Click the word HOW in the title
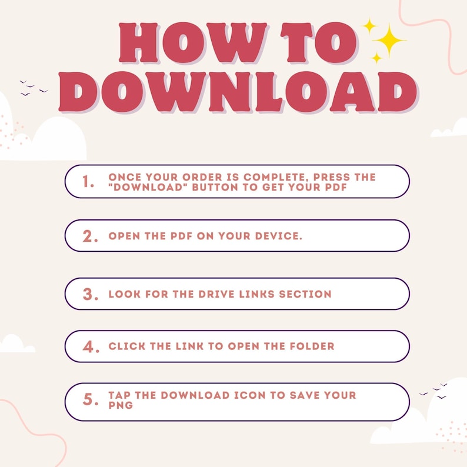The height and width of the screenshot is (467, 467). [x=193, y=42]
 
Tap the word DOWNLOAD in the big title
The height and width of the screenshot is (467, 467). [x=238, y=92]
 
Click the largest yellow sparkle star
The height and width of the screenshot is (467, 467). [x=389, y=40]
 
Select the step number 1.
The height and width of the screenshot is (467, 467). [x=88, y=181]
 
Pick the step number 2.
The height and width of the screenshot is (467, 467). [x=90, y=236]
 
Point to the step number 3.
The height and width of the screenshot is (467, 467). [x=90, y=294]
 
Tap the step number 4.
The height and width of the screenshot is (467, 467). [x=91, y=346]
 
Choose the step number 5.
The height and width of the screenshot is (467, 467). [x=90, y=399]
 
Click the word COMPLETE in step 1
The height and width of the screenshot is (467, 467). [x=274, y=177]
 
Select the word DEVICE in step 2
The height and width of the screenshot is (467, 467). [x=278, y=236]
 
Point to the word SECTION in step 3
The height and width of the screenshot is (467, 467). [x=305, y=294]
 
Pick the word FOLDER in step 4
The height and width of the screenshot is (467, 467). [x=312, y=346]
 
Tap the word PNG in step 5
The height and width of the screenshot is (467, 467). [x=121, y=405]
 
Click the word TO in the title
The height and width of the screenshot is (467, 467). [x=319, y=42]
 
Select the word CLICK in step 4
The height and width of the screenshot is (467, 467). [x=127, y=346]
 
